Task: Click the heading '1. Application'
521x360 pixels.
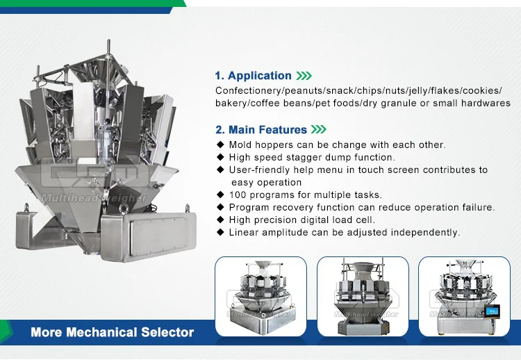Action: [x=253, y=76]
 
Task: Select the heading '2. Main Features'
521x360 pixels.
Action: [x=261, y=130]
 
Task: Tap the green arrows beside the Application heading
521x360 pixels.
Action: [x=304, y=76]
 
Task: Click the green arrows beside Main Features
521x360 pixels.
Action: [x=319, y=129]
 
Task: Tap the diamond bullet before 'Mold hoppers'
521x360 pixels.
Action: [x=220, y=145]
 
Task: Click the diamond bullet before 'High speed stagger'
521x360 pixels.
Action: [x=220, y=157]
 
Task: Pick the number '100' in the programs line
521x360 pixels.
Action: [x=238, y=195]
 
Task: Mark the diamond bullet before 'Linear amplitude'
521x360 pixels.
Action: [x=220, y=231]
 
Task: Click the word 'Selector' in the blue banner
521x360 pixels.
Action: [x=167, y=332]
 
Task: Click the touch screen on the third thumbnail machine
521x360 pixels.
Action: [x=492, y=311]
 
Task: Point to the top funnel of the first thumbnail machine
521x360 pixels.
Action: [x=263, y=266]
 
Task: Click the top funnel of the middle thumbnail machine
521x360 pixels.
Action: [x=363, y=268]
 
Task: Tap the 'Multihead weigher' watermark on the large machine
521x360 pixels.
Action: [x=94, y=198]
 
